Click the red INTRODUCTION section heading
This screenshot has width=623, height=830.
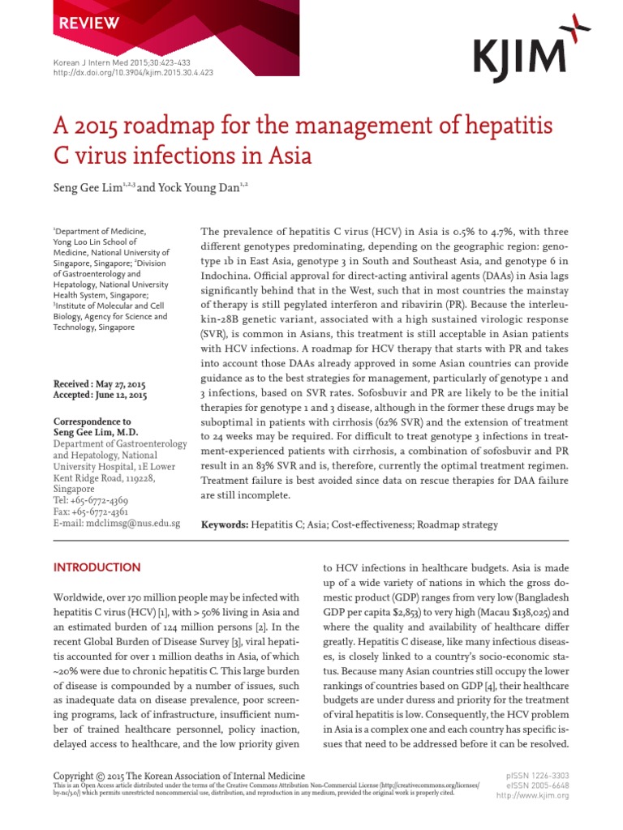coord(97,567)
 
